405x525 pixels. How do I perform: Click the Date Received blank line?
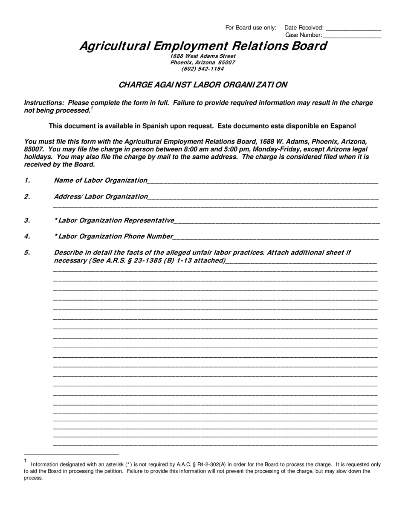click(353, 29)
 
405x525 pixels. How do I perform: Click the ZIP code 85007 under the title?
click(226, 62)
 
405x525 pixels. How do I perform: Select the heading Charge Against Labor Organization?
click(202, 85)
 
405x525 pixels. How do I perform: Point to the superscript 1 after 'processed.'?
click(92, 108)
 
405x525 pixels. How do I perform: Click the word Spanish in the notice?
click(155, 126)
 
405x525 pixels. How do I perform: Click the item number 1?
click(27, 180)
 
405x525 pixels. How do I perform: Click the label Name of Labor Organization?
click(100, 180)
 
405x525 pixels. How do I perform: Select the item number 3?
click(27, 220)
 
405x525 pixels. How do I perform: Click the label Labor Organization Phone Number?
click(116, 236)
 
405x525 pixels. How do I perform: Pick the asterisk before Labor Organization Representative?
click(56, 220)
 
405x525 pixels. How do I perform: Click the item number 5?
click(27, 252)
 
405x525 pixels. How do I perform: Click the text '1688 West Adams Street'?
click(202, 56)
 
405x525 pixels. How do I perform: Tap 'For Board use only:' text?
click(251, 28)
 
